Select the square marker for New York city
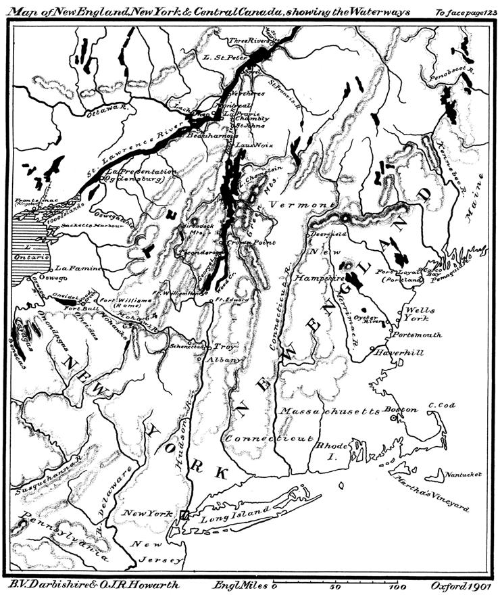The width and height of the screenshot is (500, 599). click(184, 515)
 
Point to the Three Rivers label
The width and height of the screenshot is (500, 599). click(248, 41)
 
